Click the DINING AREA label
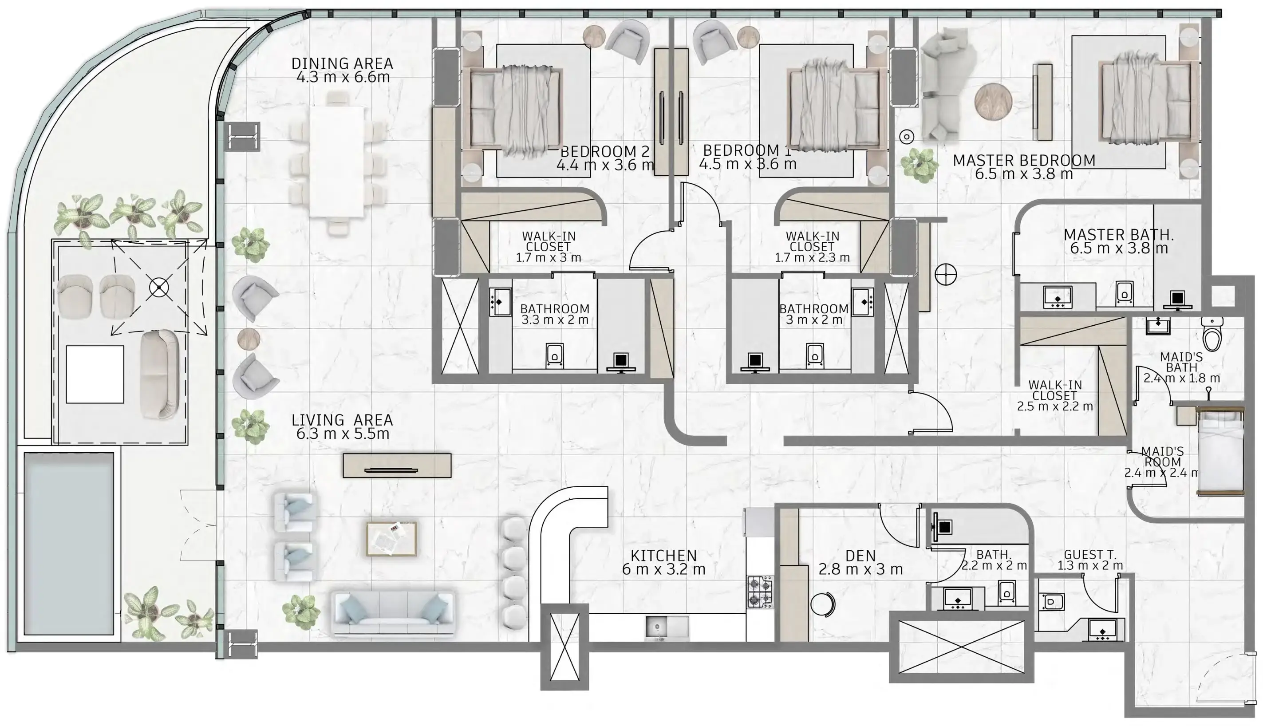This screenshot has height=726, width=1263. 342,63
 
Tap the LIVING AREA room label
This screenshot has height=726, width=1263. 342,420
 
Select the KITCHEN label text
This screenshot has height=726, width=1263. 663,556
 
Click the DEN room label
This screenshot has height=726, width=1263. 860,556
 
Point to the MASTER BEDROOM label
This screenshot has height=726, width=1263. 1024,161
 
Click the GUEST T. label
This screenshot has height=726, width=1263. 1090,554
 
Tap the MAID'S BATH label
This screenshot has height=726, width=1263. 1181,362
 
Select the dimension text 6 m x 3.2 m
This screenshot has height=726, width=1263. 663,569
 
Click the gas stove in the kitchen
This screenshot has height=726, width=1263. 759,592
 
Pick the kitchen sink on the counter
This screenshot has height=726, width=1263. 667,627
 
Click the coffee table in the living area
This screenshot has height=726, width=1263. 391,539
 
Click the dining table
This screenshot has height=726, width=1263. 337,162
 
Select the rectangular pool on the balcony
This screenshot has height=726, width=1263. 69,544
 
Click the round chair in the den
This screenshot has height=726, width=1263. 823,604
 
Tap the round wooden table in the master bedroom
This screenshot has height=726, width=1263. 993,101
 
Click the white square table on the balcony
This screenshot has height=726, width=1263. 95,374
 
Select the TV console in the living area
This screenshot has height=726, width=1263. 397,465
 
